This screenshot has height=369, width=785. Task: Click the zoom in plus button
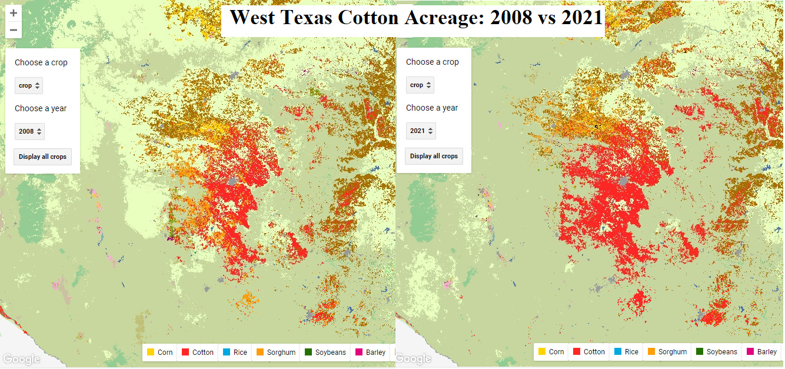tap(14, 13)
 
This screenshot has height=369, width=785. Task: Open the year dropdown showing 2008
tap(29, 131)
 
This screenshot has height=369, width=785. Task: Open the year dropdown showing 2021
tap(421, 131)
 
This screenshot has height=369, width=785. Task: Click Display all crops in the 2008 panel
tap(42, 157)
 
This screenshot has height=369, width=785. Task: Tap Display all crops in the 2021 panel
tap(434, 156)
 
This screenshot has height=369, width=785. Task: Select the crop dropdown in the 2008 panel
tap(29, 85)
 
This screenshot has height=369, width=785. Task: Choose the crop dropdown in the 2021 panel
tap(420, 85)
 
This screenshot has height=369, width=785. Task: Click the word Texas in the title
tap(305, 18)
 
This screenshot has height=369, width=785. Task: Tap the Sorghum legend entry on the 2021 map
tap(667, 351)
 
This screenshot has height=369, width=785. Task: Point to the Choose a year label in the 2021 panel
tap(432, 108)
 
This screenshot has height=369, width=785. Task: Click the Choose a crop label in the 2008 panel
tap(41, 62)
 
